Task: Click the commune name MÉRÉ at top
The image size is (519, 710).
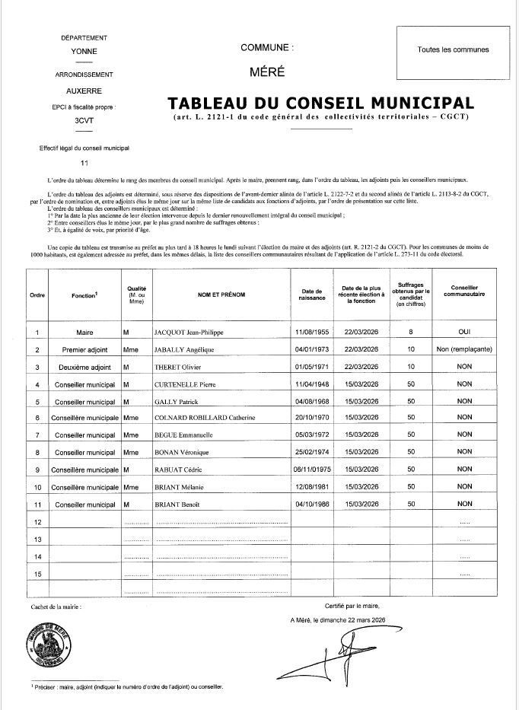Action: (x=266, y=72)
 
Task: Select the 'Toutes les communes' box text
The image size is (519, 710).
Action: (x=453, y=49)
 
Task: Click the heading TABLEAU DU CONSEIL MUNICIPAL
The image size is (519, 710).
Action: (x=320, y=103)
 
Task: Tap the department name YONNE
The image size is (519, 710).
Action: (x=84, y=52)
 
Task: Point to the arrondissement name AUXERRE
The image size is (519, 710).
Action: (x=84, y=90)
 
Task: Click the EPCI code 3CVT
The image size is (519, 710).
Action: (x=84, y=121)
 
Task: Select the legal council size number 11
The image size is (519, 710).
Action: (x=84, y=163)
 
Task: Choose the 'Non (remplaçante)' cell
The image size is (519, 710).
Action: (x=464, y=349)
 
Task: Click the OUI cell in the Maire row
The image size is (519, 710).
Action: (x=464, y=332)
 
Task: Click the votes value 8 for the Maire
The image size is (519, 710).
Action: (x=410, y=332)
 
